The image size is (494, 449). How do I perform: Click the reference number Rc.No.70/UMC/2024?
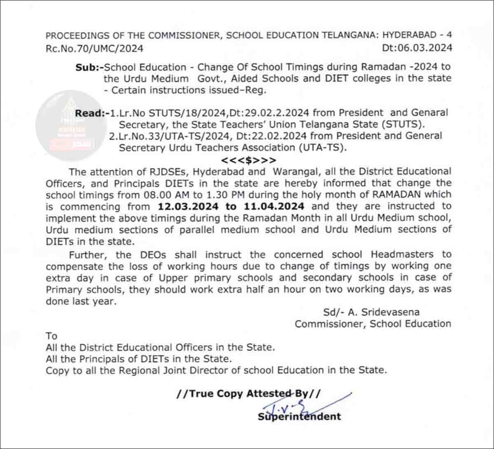click(x=94, y=48)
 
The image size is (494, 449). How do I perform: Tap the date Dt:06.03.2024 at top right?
click(x=417, y=48)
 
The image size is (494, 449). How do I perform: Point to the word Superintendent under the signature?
click(x=299, y=416)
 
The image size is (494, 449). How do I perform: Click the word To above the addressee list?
click(x=51, y=336)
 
